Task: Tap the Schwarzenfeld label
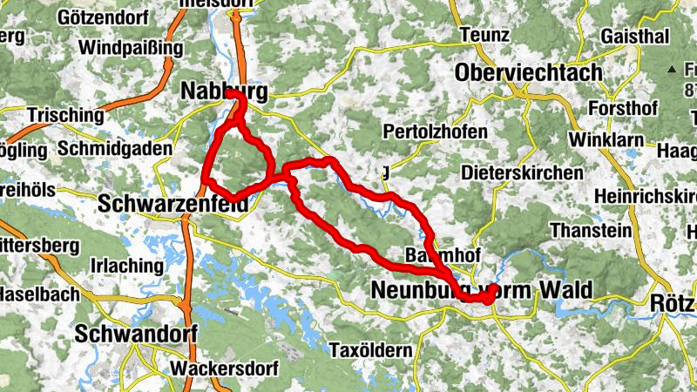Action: [x=173, y=203]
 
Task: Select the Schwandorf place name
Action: [x=137, y=334]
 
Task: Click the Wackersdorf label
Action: [x=222, y=367]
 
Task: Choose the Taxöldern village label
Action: [x=371, y=350]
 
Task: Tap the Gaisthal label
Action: [x=635, y=36]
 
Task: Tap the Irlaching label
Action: [x=127, y=265]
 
